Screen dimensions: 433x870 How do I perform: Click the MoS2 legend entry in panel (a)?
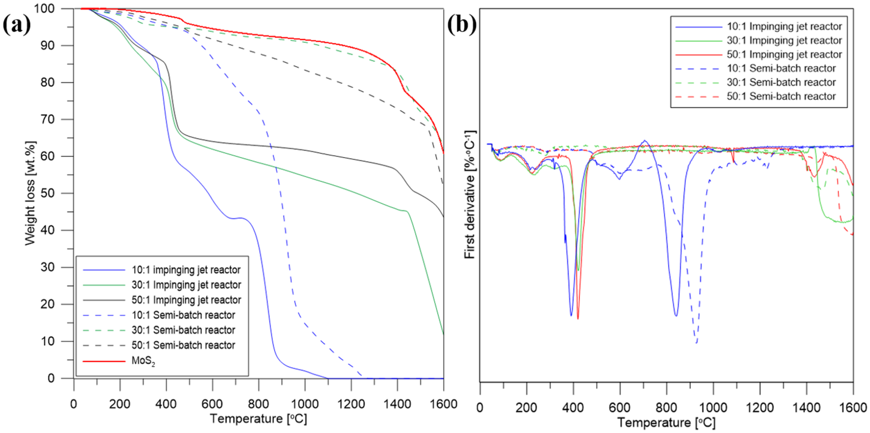coord(143,361)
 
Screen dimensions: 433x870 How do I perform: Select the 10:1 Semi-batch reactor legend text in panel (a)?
coord(183,315)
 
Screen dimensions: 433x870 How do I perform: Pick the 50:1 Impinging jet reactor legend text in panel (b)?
coord(784,54)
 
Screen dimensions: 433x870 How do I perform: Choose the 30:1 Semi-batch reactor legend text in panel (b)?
coord(781,82)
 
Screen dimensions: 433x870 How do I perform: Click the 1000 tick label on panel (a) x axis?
coord(305,404)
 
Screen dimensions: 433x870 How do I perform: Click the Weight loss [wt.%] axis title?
coord(30,193)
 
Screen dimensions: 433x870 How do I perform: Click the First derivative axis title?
coord(469,195)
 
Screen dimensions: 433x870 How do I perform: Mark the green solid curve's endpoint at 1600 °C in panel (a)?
coord(443,334)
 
